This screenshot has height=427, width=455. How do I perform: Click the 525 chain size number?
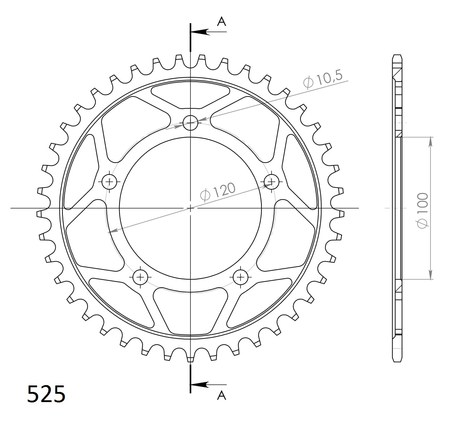(47, 394)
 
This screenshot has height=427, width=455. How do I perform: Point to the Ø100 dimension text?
(422, 210)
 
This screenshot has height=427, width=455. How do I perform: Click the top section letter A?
(221, 22)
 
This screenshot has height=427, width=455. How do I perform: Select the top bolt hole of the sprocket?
(190, 123)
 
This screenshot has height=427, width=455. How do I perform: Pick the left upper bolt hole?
(109, 181)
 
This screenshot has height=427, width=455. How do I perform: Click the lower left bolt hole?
(140, 277)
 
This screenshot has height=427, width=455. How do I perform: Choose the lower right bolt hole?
(240, 277)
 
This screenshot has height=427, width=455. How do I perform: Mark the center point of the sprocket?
(190, 208)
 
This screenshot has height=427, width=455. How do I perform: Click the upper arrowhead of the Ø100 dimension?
(430, 142)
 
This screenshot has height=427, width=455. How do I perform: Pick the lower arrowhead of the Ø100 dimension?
(430, 275)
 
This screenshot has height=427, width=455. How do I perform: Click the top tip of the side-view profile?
(397, 55)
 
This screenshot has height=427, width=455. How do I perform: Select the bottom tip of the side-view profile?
(397, 361)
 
